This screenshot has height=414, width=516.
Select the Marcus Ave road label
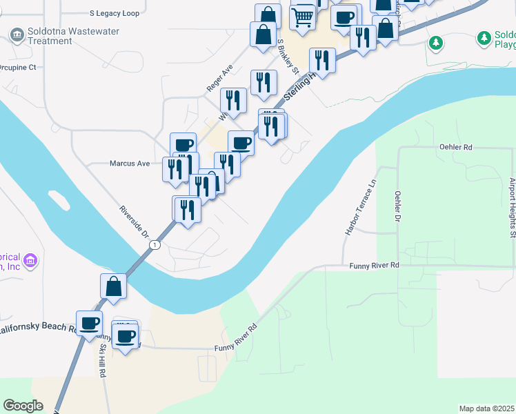130,164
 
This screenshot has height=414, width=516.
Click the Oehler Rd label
455,148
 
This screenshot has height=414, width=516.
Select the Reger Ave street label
220,79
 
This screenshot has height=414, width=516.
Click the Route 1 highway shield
157,244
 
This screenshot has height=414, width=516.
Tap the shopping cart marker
302,17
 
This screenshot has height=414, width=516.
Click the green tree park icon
435,43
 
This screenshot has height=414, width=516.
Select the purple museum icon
30,262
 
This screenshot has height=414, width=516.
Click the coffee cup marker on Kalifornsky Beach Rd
89,322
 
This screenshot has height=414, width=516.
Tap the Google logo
23,406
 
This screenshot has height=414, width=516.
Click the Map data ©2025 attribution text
487,408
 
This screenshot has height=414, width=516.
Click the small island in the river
59,199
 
